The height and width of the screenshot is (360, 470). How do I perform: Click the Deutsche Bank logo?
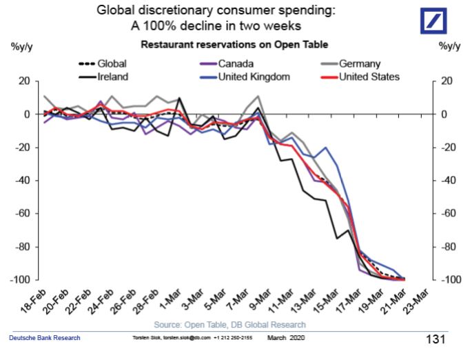[x=436, y=21]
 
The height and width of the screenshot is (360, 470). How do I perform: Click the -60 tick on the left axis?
[x=23, y=213]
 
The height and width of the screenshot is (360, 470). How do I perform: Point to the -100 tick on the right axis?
[x=449, y=279]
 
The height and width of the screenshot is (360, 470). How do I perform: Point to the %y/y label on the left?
[x=23, y=46]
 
